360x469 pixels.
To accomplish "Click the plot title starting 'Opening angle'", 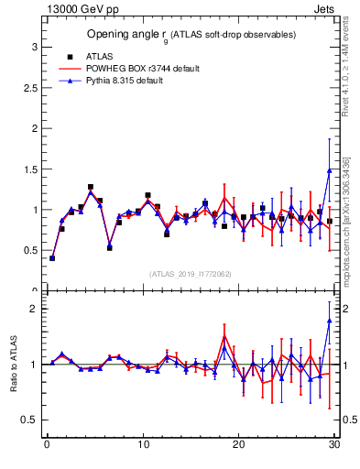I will coord(191,35).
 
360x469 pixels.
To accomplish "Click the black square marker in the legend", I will coord(70,56).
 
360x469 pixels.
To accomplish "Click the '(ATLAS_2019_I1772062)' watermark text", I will coord(191,274).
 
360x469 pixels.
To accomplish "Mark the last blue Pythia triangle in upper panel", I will coord(330,170).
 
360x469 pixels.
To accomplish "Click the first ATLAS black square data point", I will coord(52,258).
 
